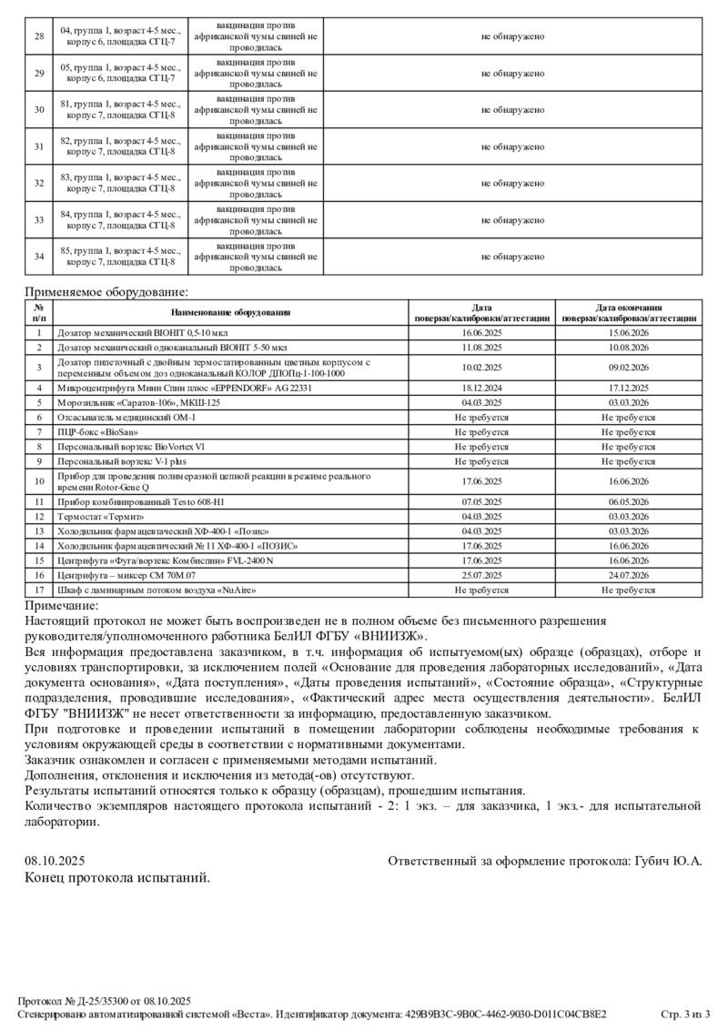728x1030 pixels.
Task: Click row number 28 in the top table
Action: click(x=38, y=36)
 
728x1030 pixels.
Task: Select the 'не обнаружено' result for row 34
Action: click(x=512, y=257)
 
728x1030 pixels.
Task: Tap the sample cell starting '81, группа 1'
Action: click(x=120, y=110)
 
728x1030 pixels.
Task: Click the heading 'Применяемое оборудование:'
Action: click(x=106, y=292)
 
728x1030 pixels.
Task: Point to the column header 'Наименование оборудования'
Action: click(x=230, y=313)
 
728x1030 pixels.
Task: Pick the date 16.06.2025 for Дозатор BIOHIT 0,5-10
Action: click(x=481, y=334)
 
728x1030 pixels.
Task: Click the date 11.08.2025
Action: click(x=481, y=348)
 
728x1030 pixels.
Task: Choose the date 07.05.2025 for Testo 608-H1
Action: click(x=481, y=501)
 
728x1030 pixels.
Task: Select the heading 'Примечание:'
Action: click(x=61, y=605)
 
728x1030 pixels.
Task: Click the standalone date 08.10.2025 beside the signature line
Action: click(x=55, y=860)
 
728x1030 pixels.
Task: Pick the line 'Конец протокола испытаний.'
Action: click(x=117, y=878)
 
